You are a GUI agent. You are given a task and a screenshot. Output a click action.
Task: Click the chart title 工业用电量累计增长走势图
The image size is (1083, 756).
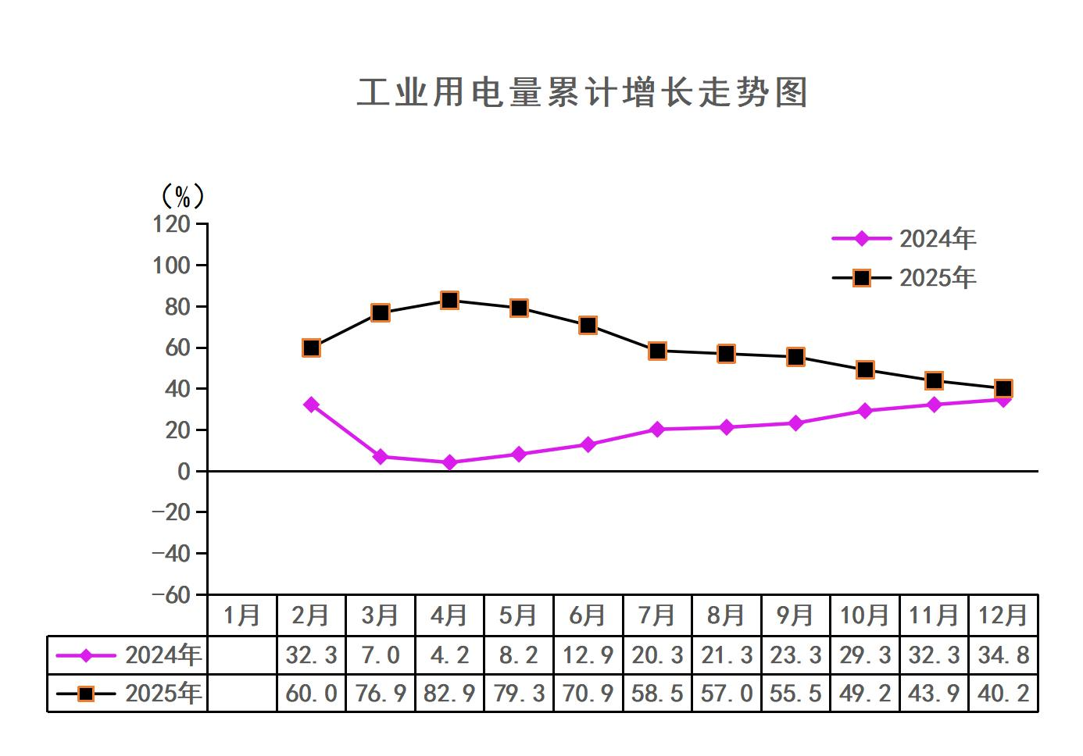click(x=582, y=92)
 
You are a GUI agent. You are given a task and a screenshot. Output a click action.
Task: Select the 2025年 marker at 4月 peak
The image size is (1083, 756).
click(x=449, y=300)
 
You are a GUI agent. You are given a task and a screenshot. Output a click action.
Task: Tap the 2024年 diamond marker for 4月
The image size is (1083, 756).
click(x=449, y=462)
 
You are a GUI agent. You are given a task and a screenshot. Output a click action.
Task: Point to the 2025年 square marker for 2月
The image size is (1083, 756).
click(x=311, y=348)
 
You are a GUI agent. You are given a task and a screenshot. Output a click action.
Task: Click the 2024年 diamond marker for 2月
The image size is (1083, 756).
click(x=311, y=405)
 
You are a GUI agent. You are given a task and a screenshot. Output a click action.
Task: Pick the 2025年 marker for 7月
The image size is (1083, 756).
click(x=657, y=351)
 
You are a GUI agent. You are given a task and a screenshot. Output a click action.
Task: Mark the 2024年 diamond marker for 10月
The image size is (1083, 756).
click(x=864, y=411)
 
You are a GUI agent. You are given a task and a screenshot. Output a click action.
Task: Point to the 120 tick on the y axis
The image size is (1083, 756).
click(x=172, y=224)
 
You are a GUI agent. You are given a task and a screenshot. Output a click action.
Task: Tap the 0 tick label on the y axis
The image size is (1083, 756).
click(x=184, y=471)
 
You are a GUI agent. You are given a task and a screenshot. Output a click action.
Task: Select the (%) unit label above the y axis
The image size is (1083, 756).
click(x=182, y=196)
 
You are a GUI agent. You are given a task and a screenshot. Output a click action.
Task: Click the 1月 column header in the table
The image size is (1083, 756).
click(x=241, y=615)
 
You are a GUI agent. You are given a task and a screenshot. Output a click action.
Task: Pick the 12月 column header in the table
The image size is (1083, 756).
click(x=1003, y=615)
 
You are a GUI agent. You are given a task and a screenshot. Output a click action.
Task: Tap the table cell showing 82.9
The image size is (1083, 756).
click(x=449, y=694)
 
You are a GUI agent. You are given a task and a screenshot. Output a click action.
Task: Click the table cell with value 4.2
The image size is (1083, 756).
click(x=449, y=654)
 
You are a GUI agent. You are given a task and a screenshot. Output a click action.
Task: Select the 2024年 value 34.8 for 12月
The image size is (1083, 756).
click(x=1003, y=654)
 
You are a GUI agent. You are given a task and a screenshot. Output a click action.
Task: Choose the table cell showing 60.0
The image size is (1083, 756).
click(x=311, y=694)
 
